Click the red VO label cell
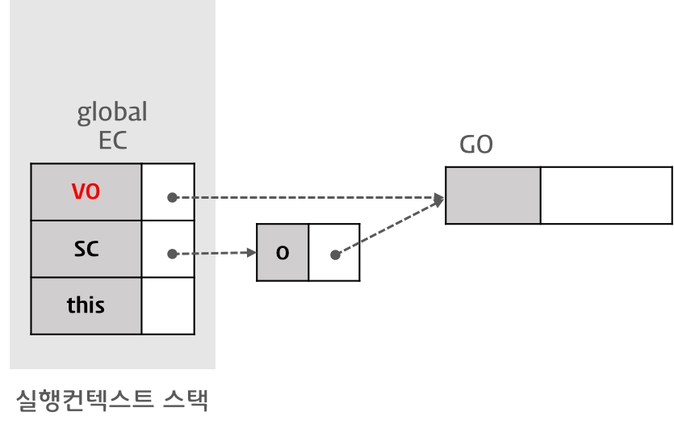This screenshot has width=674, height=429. tap(86, 192)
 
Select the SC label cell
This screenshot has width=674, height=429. tap(86, 249)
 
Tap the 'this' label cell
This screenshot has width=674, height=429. tap(86, 305)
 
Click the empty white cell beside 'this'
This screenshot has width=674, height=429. tap(168, 305)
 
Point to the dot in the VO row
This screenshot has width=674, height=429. tap(172, 197)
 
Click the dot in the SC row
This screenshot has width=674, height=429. tap(172, 254)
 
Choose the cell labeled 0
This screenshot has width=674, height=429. tap(283, 253)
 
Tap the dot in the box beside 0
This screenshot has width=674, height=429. tap(335, 254)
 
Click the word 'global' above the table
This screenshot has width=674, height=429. tap(112, 111)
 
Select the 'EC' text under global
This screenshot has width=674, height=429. tap(113, 140)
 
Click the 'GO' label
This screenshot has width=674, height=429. tap(476, 145)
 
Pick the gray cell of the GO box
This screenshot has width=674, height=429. tap(493, 196)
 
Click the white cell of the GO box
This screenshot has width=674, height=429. tap(605, 196)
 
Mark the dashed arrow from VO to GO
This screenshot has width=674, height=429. tap(307, 197)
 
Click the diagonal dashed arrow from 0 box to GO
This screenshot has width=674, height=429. tap(387, 227)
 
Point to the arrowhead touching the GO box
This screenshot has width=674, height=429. tap(440, 198)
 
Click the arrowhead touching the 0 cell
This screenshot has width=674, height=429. tap(251, 253)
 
